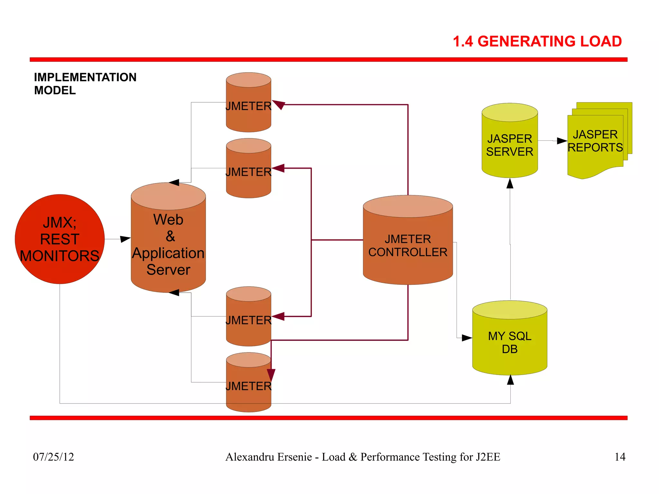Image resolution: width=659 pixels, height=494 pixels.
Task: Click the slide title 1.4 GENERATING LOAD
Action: tap(537, 42)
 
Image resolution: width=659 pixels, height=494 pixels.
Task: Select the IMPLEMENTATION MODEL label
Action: tap(85, 84)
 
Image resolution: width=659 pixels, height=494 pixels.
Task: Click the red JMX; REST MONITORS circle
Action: tap(60, 239)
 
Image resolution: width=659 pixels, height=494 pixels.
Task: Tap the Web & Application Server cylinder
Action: tap(168, 245)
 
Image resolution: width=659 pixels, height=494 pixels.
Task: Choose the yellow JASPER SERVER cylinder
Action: tap(510, 145)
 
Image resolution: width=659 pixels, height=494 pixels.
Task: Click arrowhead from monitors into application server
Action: tap(125, 239)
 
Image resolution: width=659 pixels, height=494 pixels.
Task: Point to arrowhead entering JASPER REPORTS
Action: tap(562, 141)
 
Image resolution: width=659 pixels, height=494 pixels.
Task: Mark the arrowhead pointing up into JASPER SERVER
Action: tap(510, 183)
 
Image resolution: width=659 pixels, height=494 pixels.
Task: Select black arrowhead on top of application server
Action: tap(174, 182)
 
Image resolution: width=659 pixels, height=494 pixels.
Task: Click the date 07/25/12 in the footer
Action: tap(53, 457)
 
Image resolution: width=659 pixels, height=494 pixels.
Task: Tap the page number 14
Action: tap(620, 457)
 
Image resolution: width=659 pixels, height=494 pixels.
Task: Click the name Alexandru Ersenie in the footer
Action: tap(269, 457)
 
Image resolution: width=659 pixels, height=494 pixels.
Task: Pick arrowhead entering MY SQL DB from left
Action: tap(467, 338)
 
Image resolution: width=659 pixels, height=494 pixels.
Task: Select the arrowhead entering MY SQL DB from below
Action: tap(510, 380)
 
